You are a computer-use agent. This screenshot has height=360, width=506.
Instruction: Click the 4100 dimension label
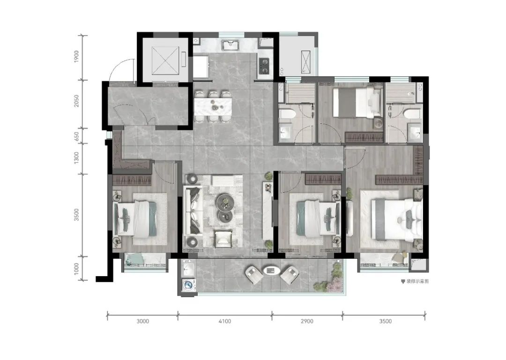point(224,321)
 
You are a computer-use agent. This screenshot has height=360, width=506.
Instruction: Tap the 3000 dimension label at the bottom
point(142,321)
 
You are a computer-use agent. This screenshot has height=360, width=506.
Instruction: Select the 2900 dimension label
point(307,321)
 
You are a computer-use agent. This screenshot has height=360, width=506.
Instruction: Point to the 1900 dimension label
point(76,57)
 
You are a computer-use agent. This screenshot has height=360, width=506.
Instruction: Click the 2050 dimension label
point(76,101)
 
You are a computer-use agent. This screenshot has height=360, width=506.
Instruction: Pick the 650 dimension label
point(76,136)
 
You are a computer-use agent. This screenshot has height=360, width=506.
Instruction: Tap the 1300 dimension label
point(76,158)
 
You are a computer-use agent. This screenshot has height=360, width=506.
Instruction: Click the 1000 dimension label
point(76,269)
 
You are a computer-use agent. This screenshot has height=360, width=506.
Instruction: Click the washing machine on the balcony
point(188,285)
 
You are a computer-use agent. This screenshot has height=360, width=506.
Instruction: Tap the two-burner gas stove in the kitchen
point(264,66)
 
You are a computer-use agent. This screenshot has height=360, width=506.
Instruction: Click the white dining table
point(213,106)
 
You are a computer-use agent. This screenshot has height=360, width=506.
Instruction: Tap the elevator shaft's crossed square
point(165,60)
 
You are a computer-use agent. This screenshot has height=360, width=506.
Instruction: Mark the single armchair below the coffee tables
point(223,238)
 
